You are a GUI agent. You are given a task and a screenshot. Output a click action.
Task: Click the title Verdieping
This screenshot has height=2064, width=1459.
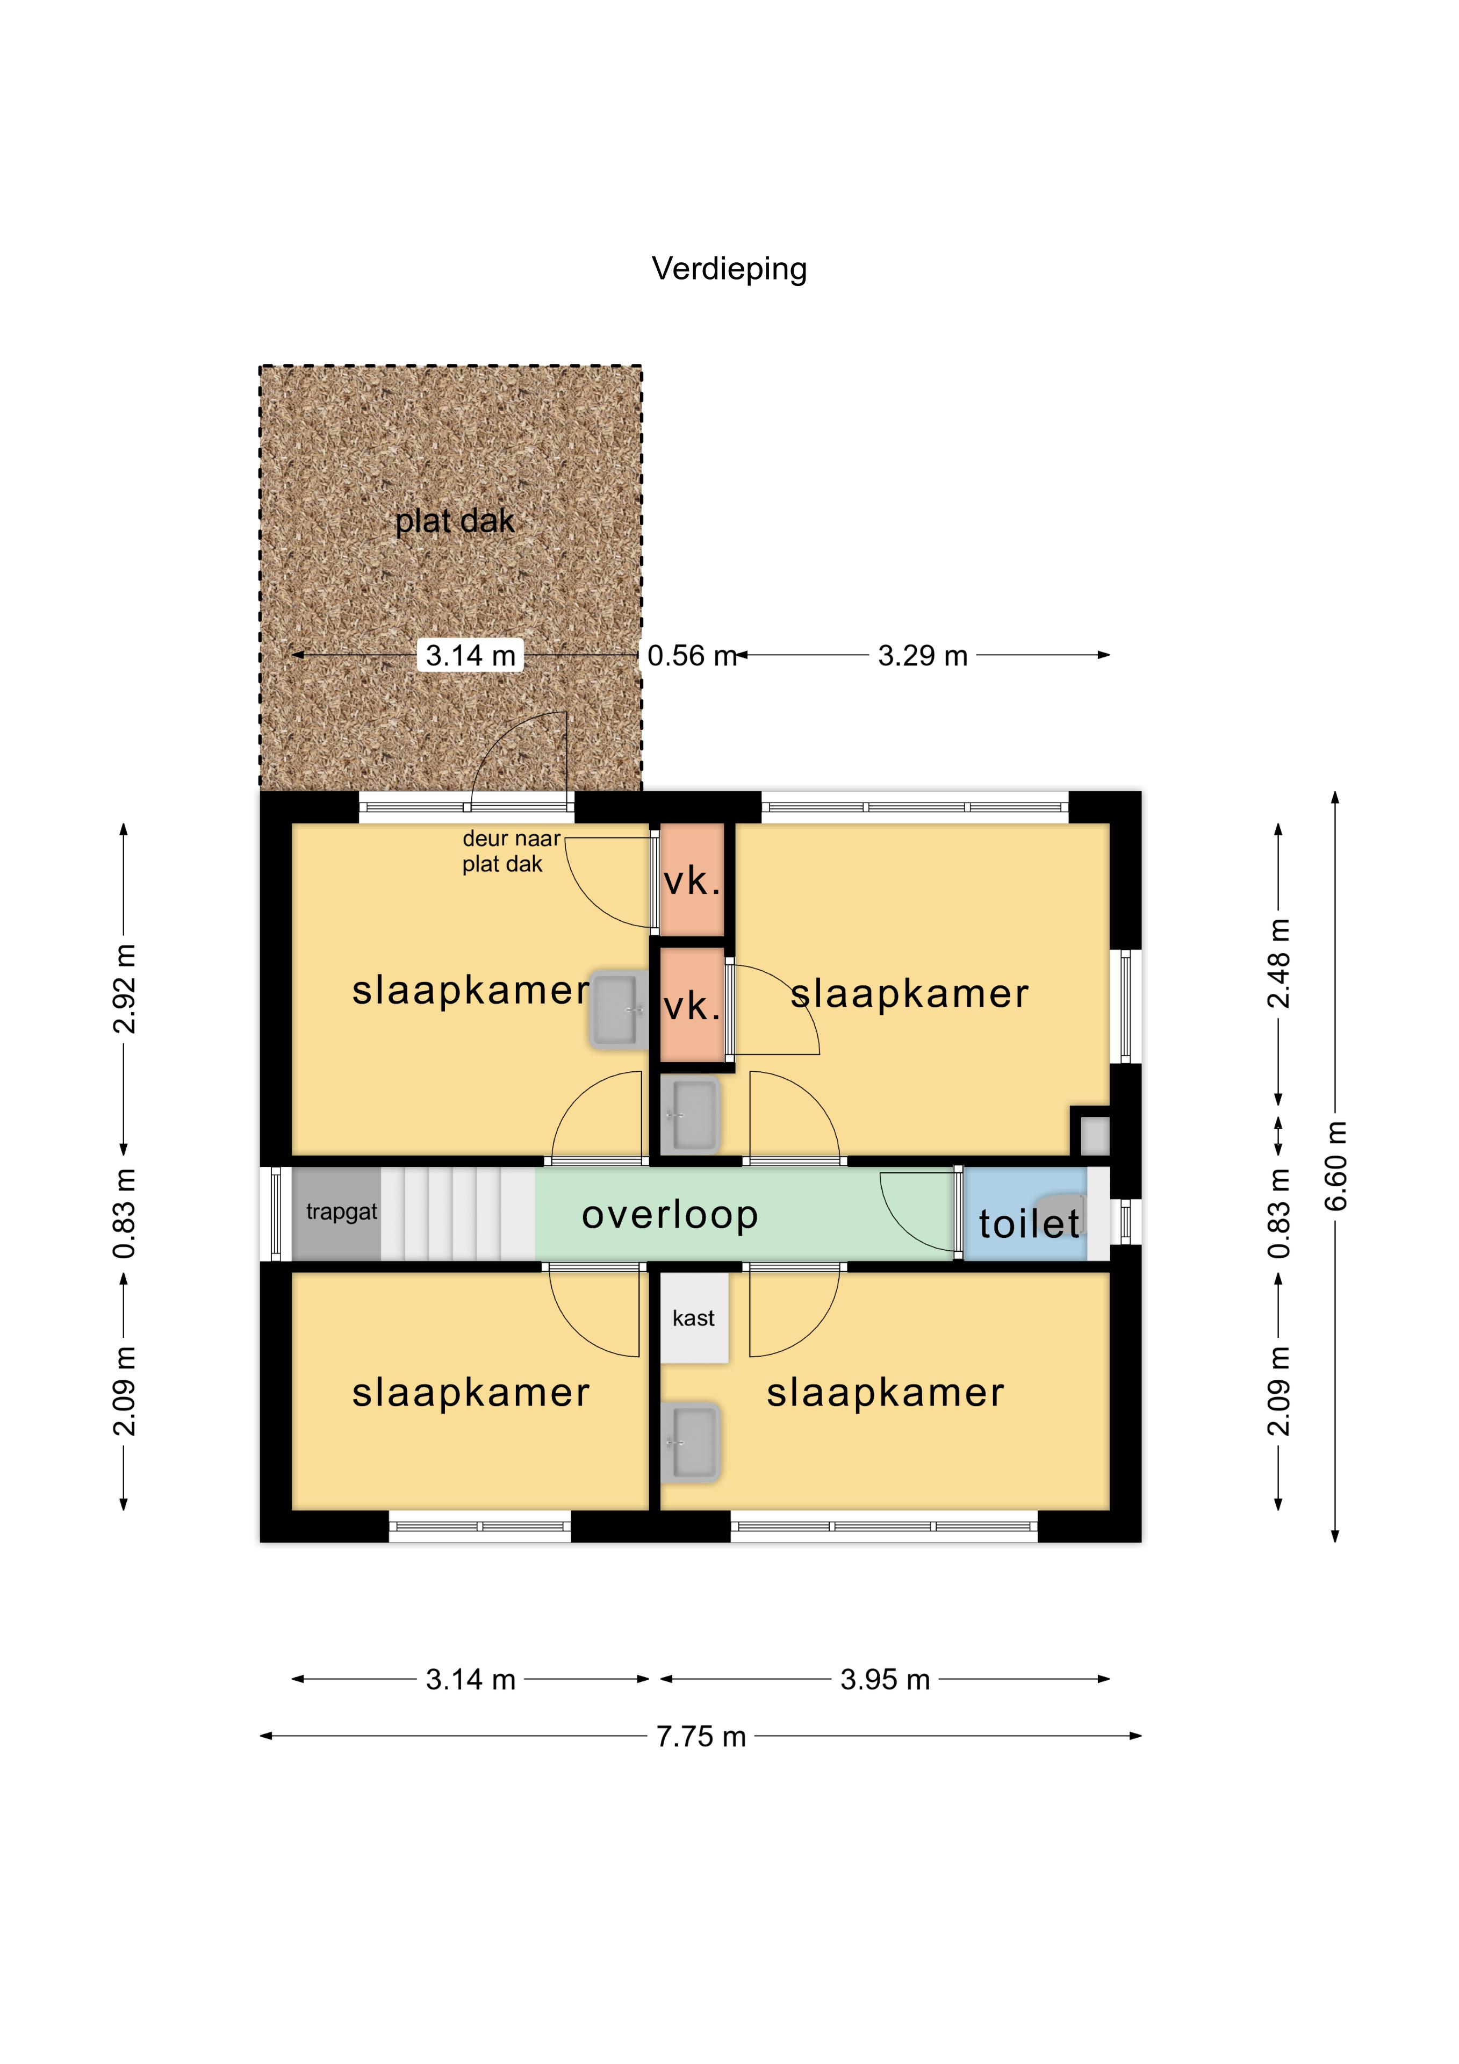[x=729, y=269]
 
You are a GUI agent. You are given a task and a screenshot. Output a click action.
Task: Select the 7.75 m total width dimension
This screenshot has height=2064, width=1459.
[x=701, y=1736]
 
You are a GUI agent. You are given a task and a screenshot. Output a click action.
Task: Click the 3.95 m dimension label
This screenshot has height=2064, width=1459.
[x=886, y=1679]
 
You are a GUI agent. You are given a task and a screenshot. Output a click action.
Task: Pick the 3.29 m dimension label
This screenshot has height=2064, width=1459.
[x=923, y=655]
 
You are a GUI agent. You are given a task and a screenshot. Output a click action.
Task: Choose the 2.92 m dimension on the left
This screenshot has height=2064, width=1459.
[x=124, y=989]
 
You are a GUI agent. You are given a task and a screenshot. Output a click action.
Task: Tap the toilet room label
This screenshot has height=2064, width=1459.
[x=1029, y=1223]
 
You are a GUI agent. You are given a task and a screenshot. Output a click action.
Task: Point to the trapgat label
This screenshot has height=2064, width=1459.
[x=342, y=1212]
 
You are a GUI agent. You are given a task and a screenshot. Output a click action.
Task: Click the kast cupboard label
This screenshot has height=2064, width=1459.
[x=693, y=1318]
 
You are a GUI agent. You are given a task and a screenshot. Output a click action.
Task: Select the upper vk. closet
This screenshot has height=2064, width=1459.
[x=692, y=880]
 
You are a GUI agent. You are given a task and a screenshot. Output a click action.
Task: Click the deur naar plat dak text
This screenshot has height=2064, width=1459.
[x=511, y=851]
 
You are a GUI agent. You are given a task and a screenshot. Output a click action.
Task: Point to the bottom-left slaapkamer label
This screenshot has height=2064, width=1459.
[x=471, y=1393]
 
